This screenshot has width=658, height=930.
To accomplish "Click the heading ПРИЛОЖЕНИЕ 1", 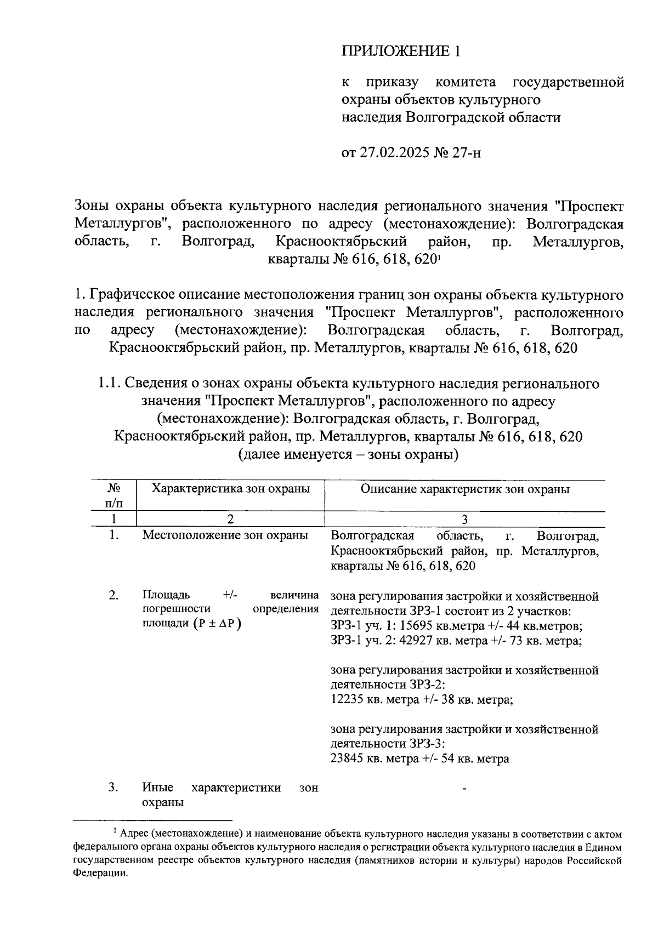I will pyautogui.click(x=400, y=51).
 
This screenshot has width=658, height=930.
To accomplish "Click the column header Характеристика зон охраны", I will pyautogui.click(x=230, y=488).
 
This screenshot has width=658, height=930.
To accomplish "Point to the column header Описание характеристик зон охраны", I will pyautogui.click(x=464, y=489).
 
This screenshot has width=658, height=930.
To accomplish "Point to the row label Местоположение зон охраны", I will pyautogui.click(x=225, y=535).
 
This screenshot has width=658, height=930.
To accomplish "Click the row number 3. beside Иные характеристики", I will pyautogui.click(x=114, y=788).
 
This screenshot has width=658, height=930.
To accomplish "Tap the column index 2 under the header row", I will pyautogui.click(x=230, y=519).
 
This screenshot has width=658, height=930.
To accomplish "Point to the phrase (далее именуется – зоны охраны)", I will pyautogui.click(x=348, y=454).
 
